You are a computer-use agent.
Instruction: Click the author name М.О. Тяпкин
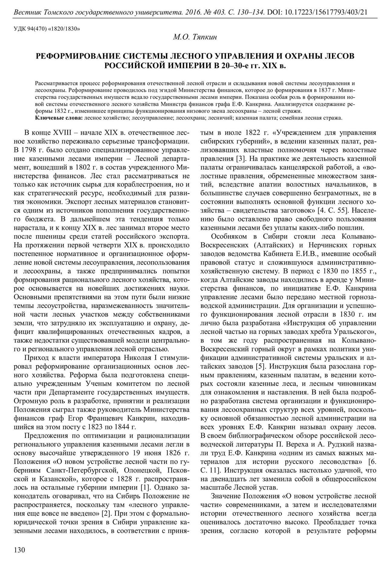195,37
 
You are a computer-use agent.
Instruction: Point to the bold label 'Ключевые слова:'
59,118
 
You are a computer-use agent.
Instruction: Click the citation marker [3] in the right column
238,158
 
